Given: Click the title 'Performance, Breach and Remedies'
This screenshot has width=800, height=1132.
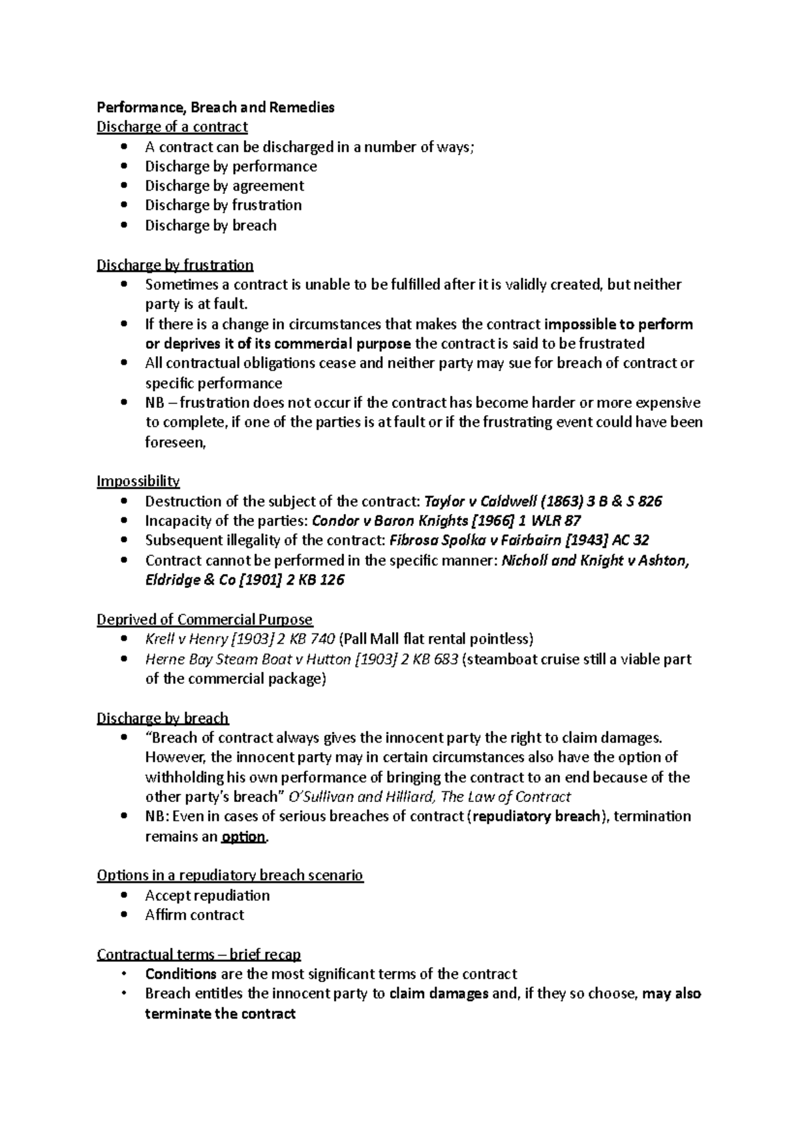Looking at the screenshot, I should (215, 107).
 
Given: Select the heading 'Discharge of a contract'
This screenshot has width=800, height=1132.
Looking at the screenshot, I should (172, 127).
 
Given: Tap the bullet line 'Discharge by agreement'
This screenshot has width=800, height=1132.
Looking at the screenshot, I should (224, 186).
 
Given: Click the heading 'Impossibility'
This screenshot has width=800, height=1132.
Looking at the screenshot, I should (138, 481).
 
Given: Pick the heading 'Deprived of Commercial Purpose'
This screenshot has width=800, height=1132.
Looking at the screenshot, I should (205, 620).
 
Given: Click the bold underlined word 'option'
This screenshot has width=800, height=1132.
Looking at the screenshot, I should (243, 837).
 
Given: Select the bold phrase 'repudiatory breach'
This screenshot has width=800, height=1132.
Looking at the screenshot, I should (537, 817).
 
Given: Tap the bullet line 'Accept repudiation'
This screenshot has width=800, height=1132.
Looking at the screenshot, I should (207, 896).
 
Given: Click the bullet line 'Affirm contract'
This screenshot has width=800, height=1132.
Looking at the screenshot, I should (195, 915).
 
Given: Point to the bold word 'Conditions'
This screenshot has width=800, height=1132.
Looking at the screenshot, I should (181, 975).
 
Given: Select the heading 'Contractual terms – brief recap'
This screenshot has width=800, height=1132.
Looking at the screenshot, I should (199, 955).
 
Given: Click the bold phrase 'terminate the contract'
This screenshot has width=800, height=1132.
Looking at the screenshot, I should (220, 1015).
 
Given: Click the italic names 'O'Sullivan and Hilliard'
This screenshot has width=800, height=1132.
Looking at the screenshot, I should (361, 797).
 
